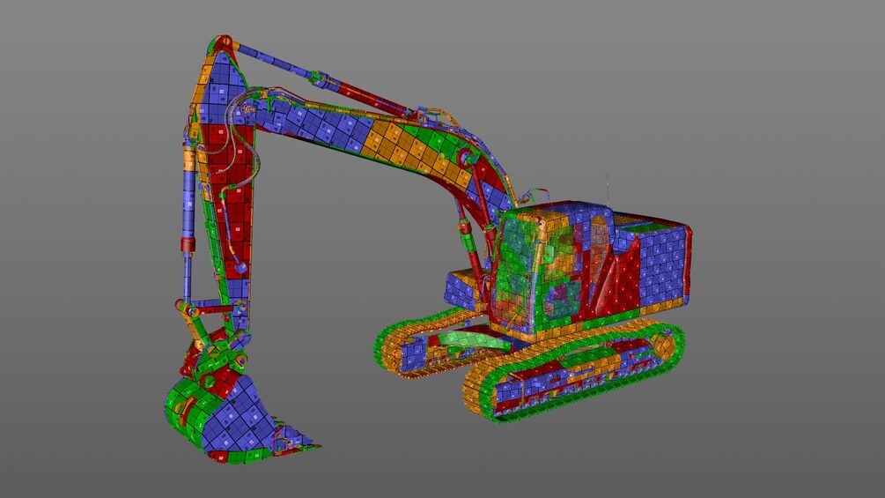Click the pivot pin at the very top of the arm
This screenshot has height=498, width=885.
point(222,41)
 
